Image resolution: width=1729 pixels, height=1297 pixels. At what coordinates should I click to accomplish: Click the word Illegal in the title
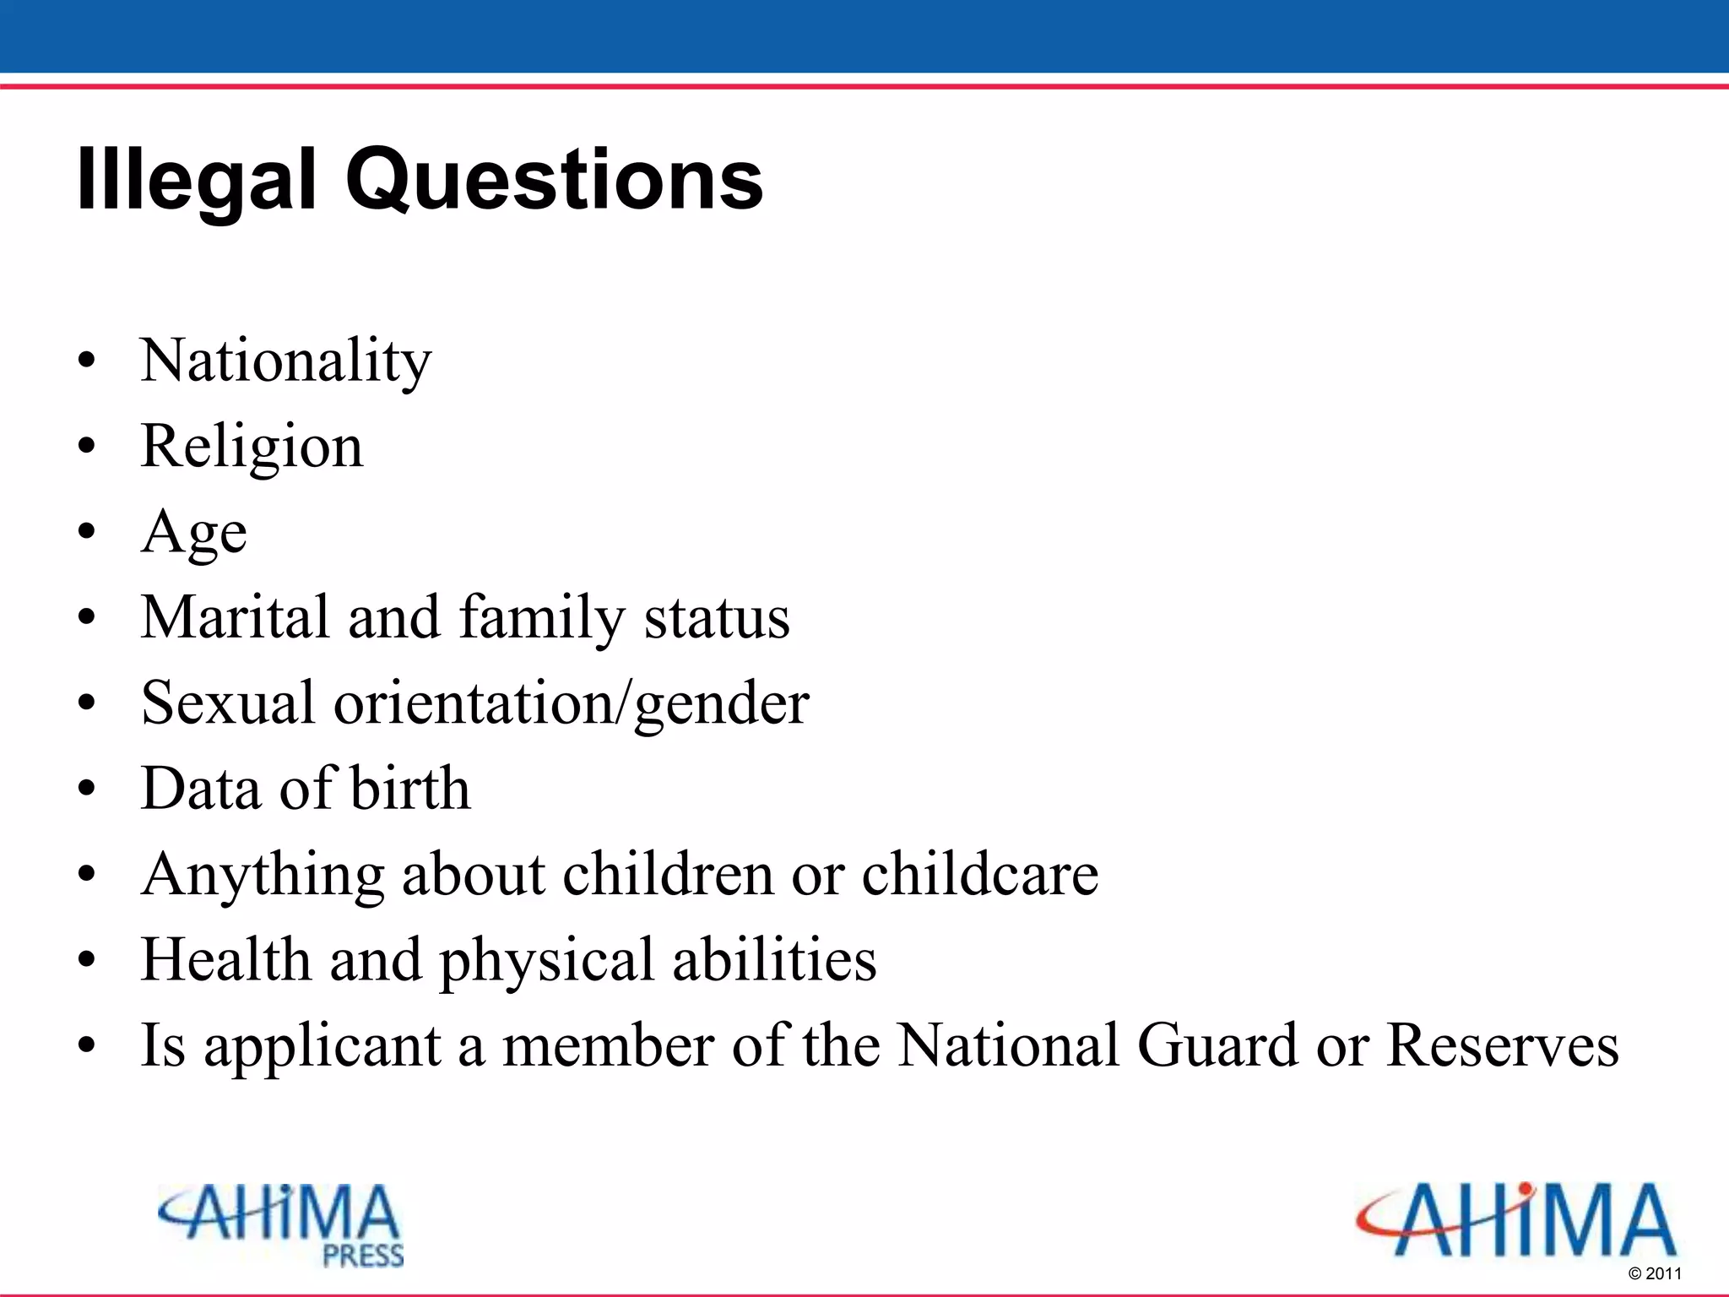tap(195, 179)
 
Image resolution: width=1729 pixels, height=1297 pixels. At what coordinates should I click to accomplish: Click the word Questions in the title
tap(554, 179)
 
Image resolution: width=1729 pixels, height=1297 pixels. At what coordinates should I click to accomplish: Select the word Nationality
tap(285, 361)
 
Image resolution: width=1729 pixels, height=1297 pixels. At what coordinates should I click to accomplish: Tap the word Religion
tap(252, 447)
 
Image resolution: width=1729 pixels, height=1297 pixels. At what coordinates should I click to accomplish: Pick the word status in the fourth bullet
tap(717, 618)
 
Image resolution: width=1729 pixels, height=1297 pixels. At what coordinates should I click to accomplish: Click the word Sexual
tap(227, 703)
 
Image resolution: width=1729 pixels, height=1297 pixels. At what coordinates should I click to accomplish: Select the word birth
tap(409, 788)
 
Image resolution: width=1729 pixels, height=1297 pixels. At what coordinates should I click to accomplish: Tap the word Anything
tap(263, 876)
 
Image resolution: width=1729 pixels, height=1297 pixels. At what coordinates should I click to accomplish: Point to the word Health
tap(225, 960)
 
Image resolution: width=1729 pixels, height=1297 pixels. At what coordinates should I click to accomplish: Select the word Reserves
tap(1502, 1045)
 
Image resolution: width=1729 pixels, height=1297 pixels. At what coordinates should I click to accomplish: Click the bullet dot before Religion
tap(86, 447)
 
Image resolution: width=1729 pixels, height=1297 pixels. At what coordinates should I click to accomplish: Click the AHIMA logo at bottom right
tap(1516, 1220)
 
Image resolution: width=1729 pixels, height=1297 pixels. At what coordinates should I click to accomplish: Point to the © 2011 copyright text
tap(1655, 1273)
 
